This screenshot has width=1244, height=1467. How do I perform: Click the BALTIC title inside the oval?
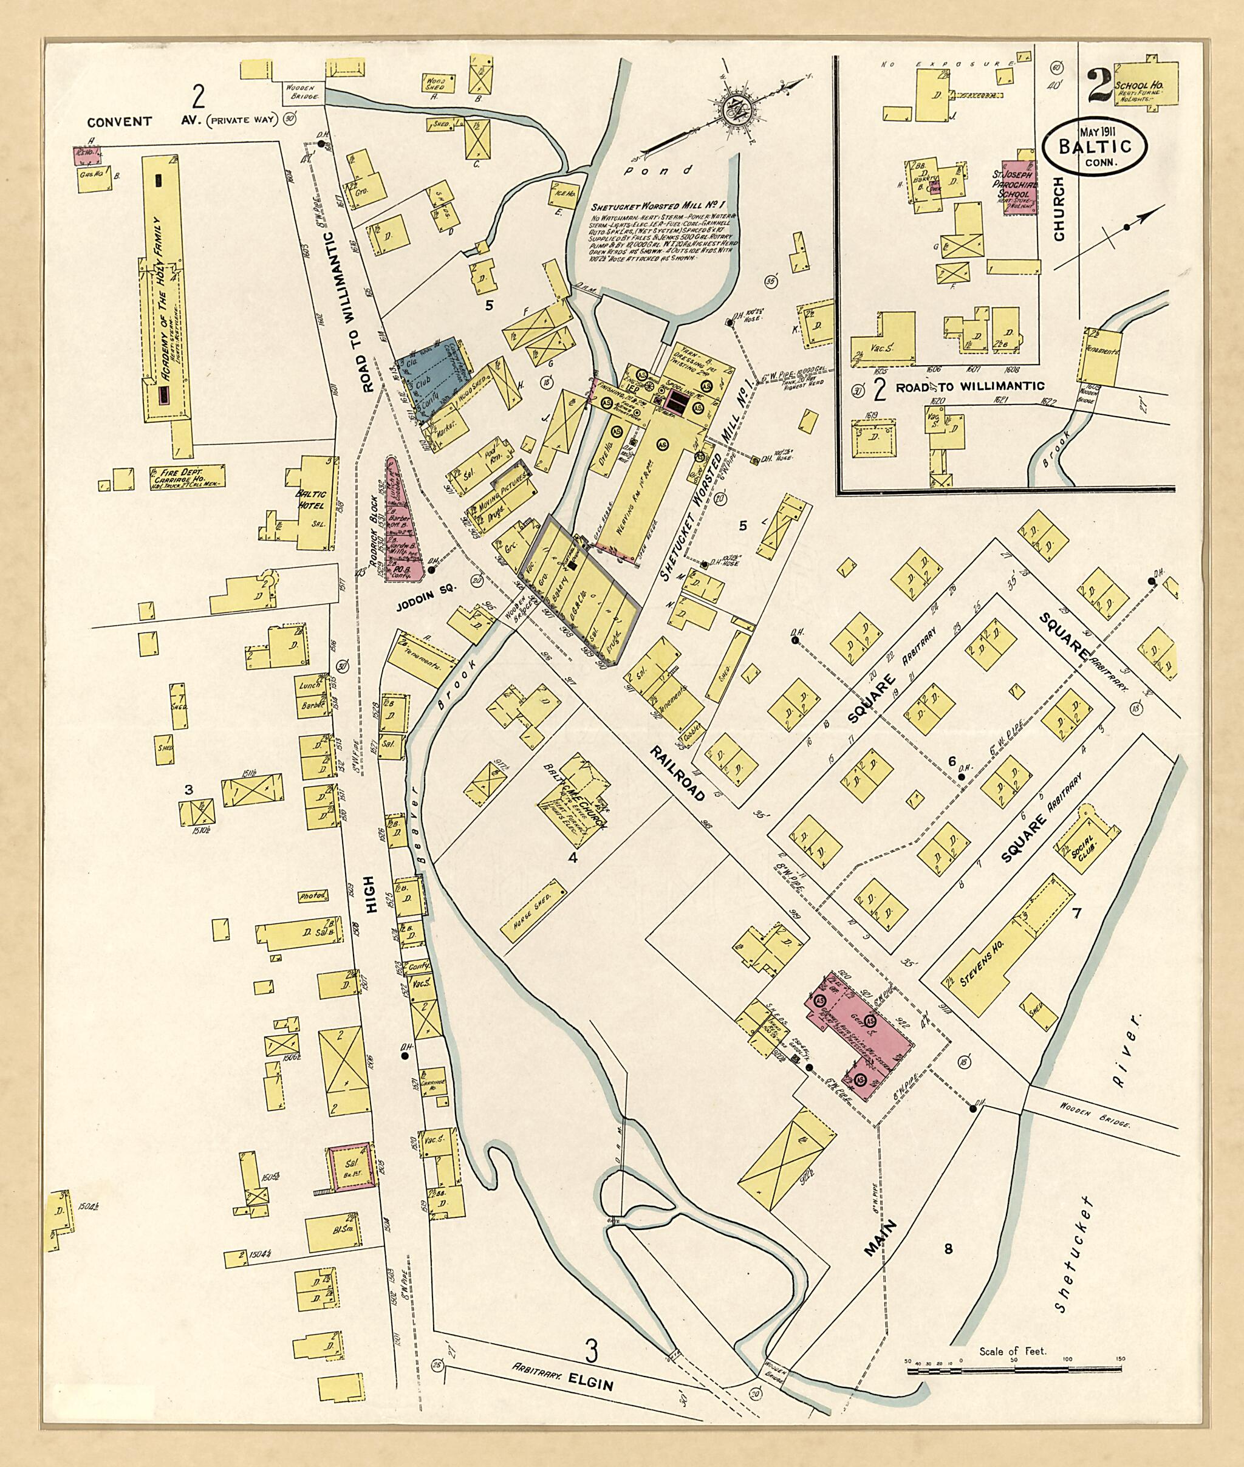point(1095,147)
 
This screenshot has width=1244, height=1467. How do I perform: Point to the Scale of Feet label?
point(1013,1352)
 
